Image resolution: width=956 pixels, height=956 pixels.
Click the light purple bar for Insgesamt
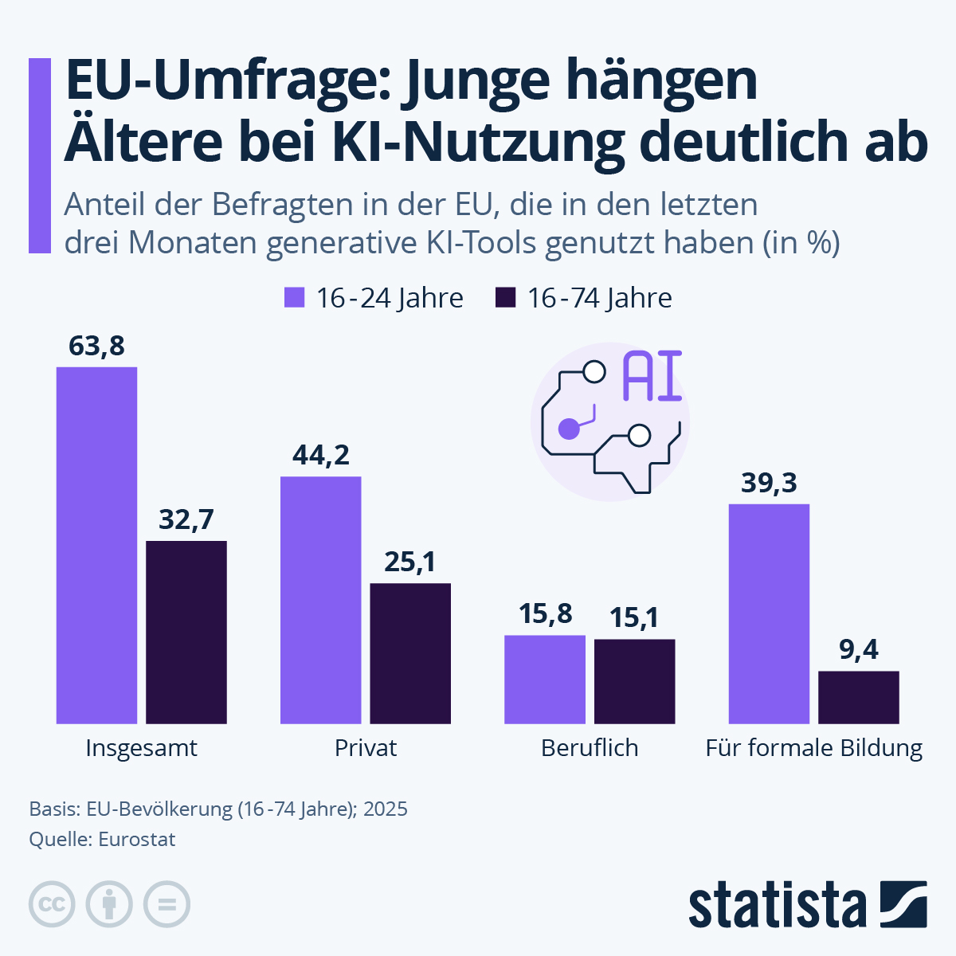[96, 545]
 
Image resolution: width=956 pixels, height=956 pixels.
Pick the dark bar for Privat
[410, 653]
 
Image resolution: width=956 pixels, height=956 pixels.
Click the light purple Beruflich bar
[545, 679]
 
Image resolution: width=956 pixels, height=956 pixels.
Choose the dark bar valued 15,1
[635, 681]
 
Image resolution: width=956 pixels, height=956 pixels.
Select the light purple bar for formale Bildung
[769, 613]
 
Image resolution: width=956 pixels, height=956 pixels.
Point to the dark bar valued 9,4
[859, 697]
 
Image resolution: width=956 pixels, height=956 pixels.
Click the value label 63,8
[96, 347]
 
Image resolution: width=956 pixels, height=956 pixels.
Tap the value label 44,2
[320, 455]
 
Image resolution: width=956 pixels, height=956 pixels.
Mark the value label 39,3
[769, 483]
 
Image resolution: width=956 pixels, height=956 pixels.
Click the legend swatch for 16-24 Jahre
[295, 298]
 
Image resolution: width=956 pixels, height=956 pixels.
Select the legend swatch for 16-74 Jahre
[506, 298]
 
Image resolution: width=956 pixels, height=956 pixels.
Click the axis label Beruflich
[590, 748]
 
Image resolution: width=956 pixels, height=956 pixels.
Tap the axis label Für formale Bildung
[813, 748]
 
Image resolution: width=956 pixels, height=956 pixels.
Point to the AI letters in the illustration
[652, 377]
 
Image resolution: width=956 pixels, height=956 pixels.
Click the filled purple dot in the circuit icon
[568, 429]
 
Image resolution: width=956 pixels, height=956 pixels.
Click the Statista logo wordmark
[777, 906]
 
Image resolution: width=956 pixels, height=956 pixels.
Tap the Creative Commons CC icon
[52, 904]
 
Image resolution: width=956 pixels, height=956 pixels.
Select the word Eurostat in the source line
[136, 839]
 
